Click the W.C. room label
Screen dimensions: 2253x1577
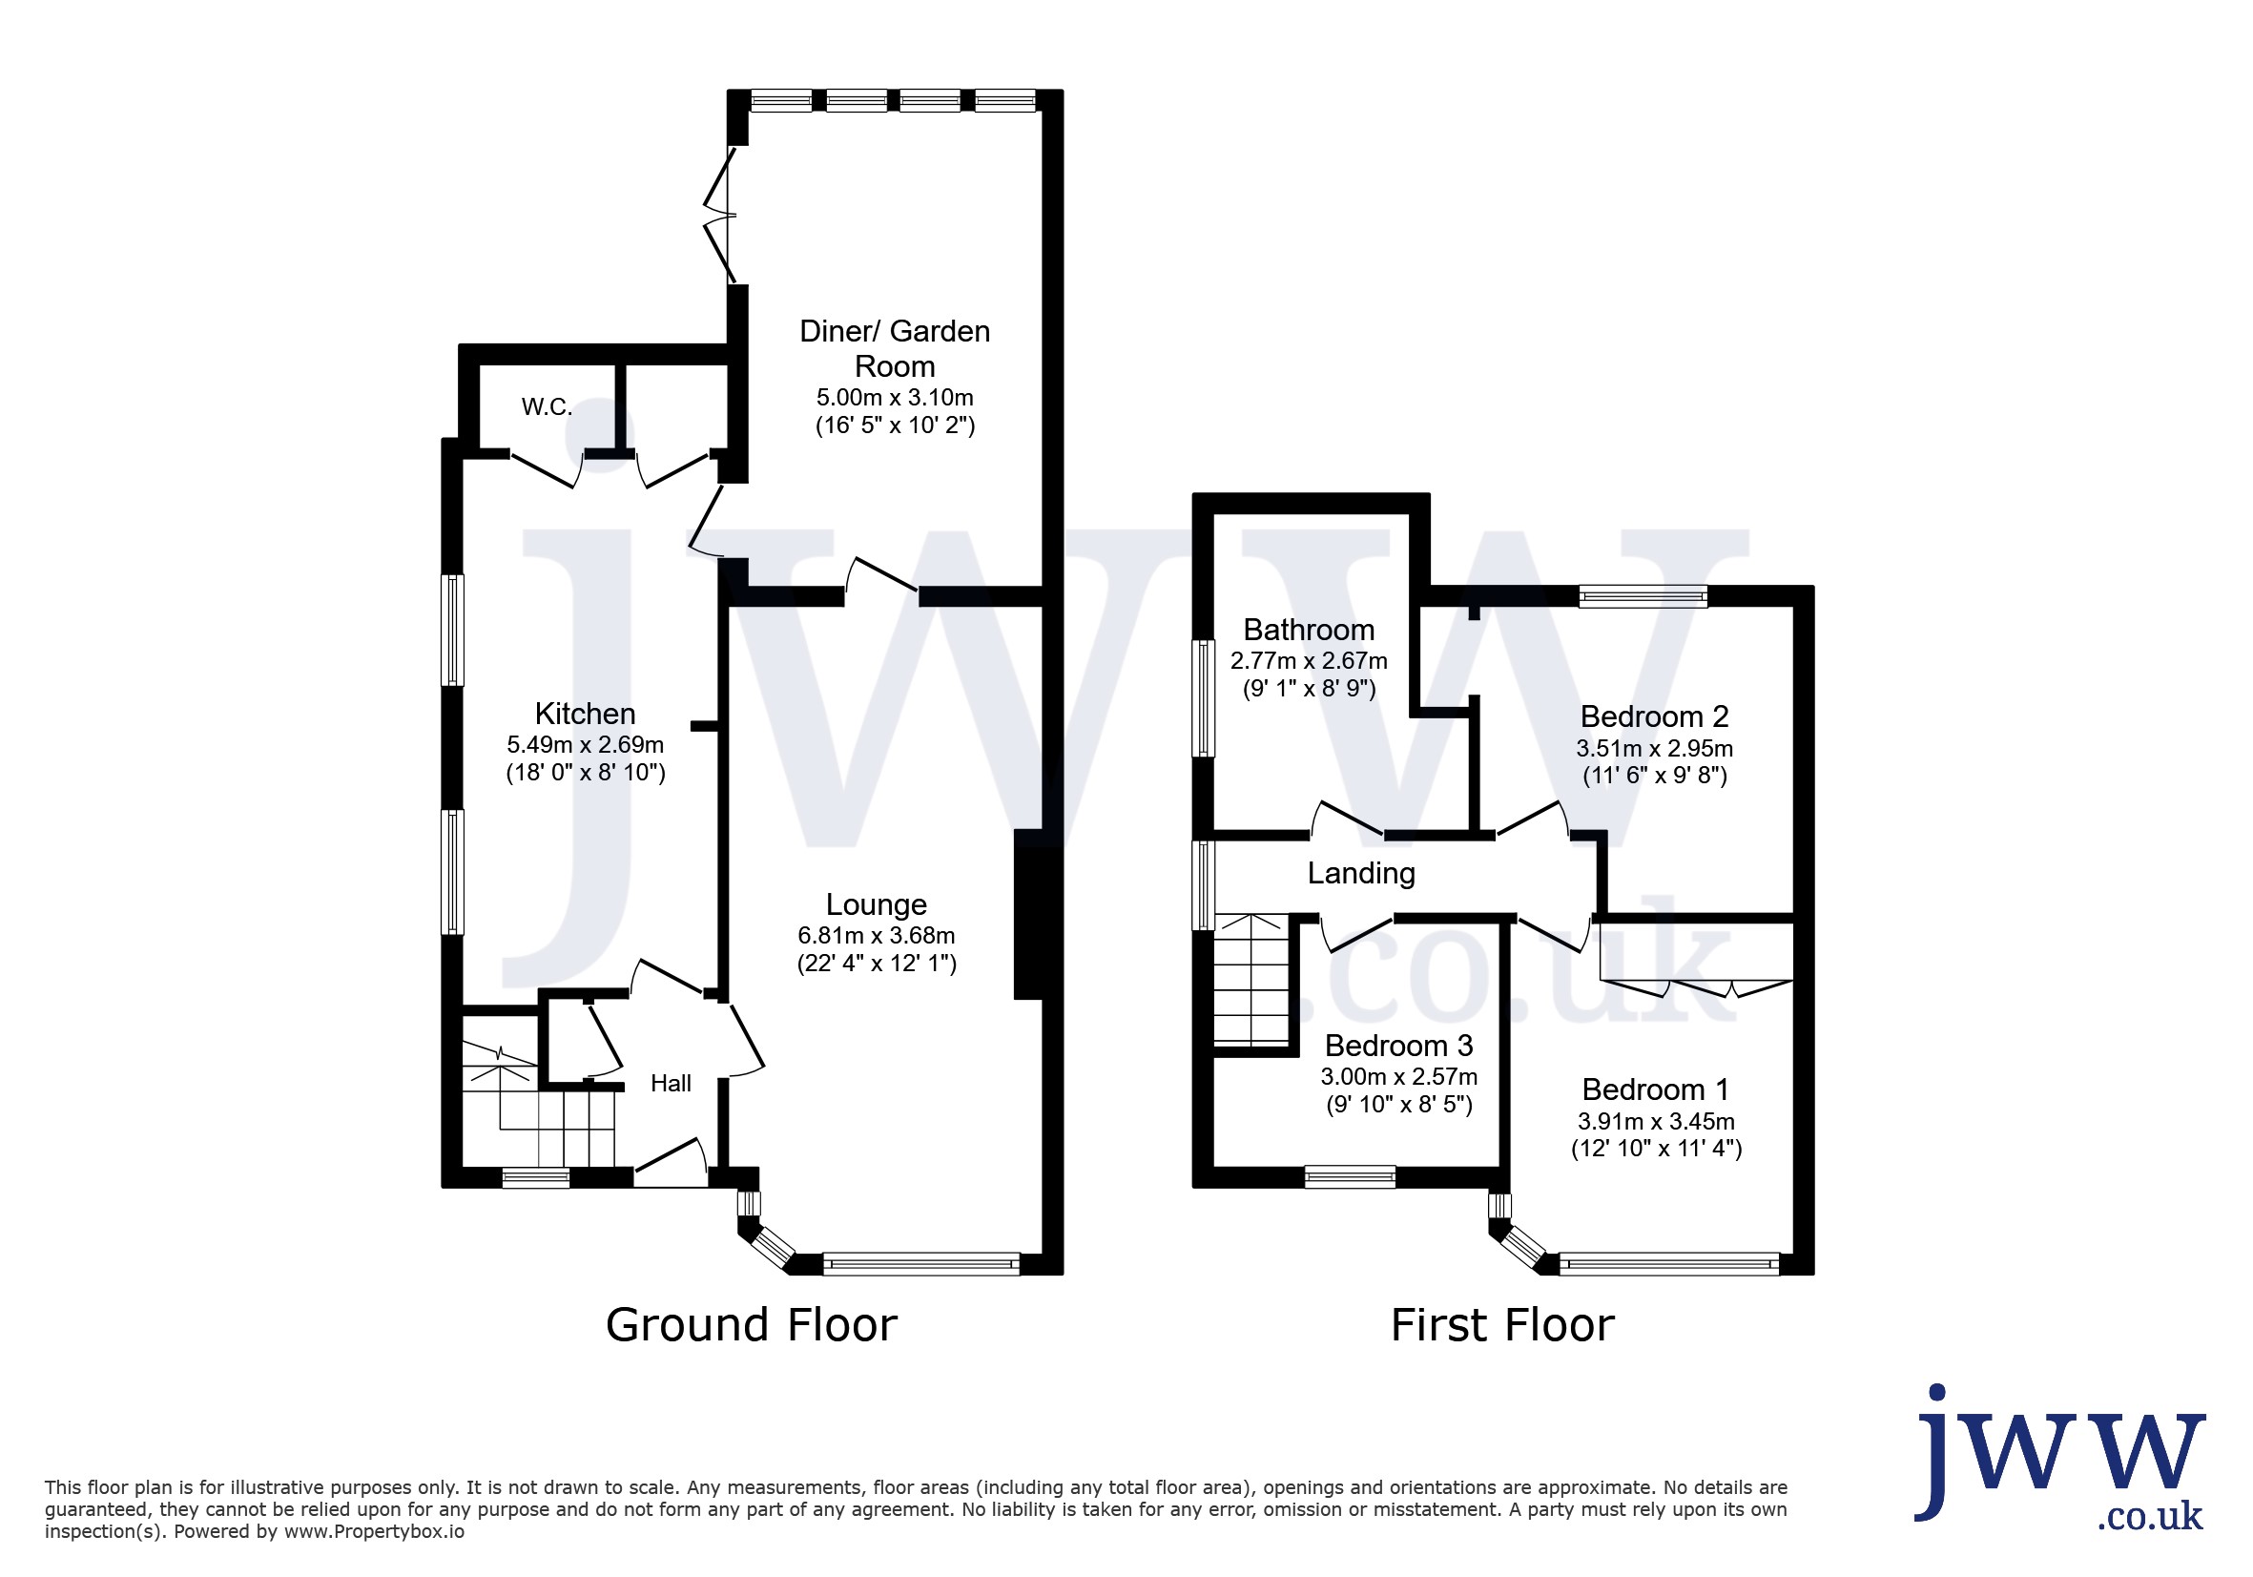click(x=547, y=406)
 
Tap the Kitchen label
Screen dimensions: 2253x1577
click(x=585, y=714)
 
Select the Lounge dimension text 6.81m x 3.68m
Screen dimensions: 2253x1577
click(x=877, y=935)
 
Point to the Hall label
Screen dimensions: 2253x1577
click(x=672, y=1084)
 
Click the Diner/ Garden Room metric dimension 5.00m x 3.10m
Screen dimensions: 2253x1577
click(x=895, y=398)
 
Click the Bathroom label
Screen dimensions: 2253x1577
click(x=1309, y=630)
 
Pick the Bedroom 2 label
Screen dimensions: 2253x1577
click(x=1654, y=716)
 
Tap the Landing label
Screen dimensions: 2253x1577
click(x=1361, y=873)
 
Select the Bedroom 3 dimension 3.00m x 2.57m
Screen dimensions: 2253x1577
click(x=1399, y=1076)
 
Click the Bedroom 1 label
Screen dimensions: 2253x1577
click(x=1655, y=1089)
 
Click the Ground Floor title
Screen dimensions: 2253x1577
click(x=752, y=1325)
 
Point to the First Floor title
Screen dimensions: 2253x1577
click(x=1502, y=1325)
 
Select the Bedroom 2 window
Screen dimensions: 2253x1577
click(x=1643, y=595)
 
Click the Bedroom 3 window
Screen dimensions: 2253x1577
click(x=1351, y=1176)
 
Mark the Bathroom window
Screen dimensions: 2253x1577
click(x=1203, y=698)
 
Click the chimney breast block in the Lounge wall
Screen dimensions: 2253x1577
click(x=1028, y=915)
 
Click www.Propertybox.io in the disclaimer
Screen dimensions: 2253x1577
click(x=374, y=1532)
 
